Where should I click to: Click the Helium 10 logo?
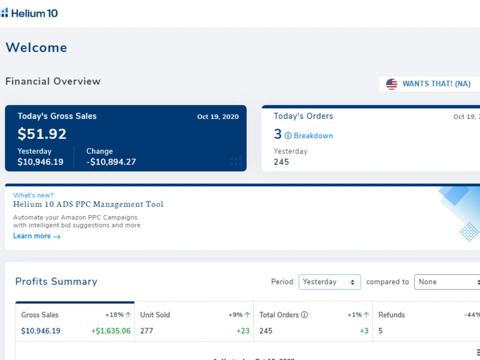29,13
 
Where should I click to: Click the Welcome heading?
36,48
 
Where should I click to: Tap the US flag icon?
392,84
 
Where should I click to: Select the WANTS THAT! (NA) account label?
436,84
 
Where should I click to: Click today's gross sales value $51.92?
42,134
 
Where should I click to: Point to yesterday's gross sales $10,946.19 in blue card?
40,162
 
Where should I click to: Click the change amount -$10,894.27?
111,162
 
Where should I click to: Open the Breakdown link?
313,136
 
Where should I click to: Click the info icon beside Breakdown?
288,136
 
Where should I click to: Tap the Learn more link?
37,236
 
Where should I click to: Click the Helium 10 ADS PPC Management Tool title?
88,204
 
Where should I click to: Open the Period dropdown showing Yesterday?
330,282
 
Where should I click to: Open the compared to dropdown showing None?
447,282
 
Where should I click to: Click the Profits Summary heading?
56,281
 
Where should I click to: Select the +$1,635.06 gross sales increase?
111,331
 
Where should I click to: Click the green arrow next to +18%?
128,315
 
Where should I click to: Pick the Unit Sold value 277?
146,331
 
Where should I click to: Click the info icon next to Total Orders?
304,315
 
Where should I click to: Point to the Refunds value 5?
381,331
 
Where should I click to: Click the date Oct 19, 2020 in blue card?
218,117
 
